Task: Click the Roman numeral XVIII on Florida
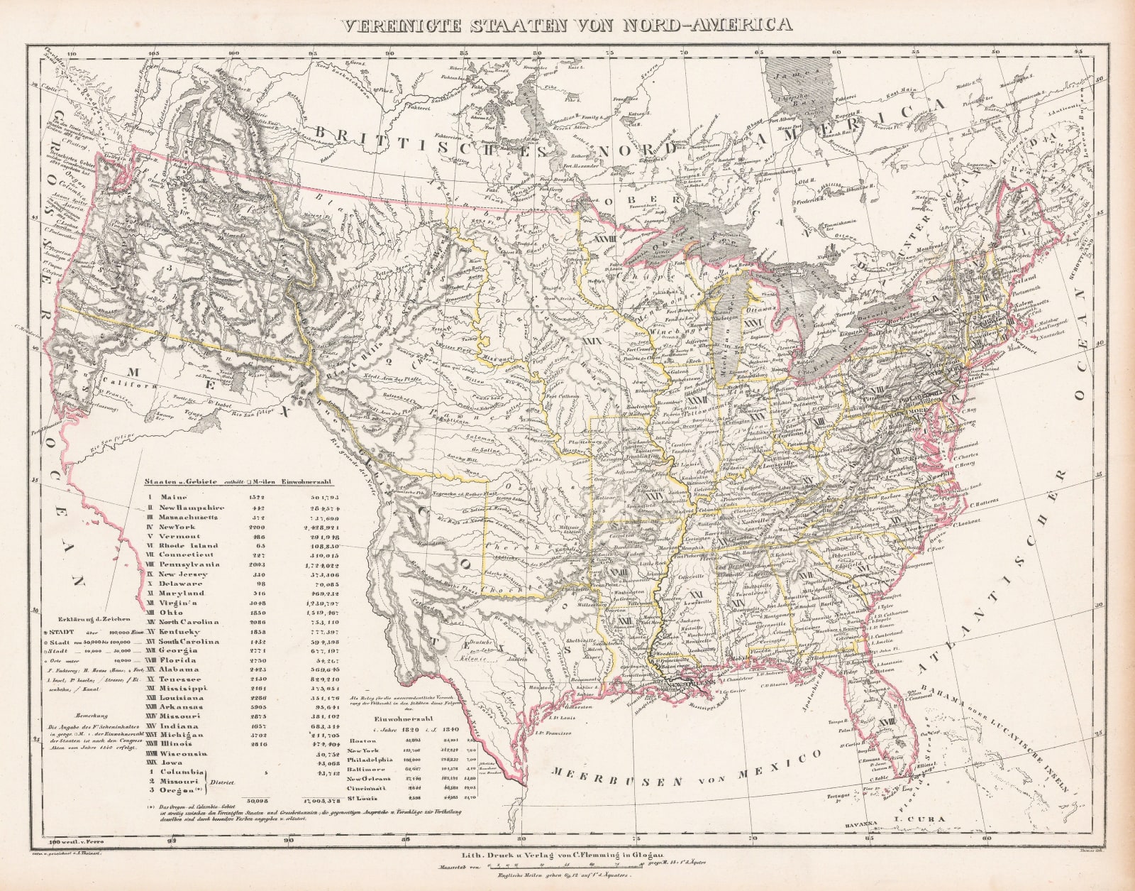pyautogui.click(x=884, y=722)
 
